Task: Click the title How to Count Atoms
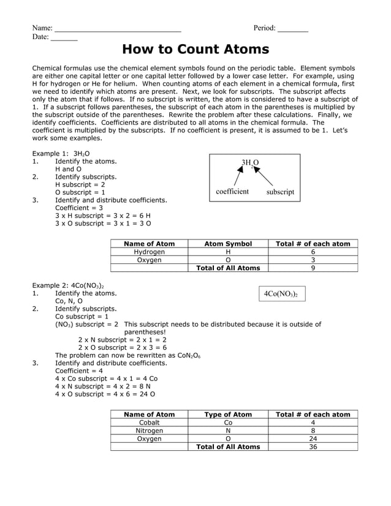(x=195, y=49)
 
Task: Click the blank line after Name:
(x=118, y=29)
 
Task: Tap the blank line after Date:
(x=64, y=39)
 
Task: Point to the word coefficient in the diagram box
(x=232, y=192)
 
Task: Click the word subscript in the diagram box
(x=280, y=192)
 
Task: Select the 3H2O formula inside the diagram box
(x=250, y=163)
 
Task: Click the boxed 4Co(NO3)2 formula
(x=281, y=294)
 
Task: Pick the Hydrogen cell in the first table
(x=149, y=252)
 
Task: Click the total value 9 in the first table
(x=313, y=268)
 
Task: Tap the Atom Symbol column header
(x=228, y=244)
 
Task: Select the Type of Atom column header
(x=228, y=415)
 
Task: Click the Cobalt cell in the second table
(x=149, y=423)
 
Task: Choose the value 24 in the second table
(x=313, y=439)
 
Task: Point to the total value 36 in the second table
(x=313, y=447)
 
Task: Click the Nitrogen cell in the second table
(x=149, y=431)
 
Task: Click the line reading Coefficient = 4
(x=79, y=371)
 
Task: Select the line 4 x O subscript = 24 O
(x=105, y=395)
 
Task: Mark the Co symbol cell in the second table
(x=228, y=423)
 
